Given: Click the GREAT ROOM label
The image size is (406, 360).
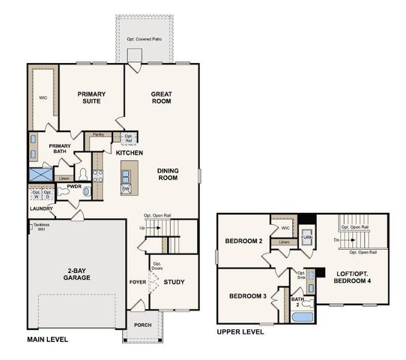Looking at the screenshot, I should tap(162, 99).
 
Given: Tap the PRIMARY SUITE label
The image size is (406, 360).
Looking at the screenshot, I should tap(92, 99).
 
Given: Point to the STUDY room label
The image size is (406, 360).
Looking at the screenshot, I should tap(175, 283).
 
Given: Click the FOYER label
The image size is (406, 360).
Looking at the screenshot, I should tap(137, 283).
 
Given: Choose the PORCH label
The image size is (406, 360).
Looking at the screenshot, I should tap(142, 325).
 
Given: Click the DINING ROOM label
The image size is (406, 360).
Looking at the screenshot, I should tap(167, 175).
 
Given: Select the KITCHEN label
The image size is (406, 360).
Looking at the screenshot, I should tap(129, 153).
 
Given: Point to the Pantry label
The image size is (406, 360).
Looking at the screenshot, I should tap(97, 134).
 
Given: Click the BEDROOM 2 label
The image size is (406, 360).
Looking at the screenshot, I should tap(243, 241).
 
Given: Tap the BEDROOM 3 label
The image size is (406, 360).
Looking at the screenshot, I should tap(247, 297).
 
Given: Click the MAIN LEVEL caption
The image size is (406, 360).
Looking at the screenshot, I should tap(47, 340).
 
